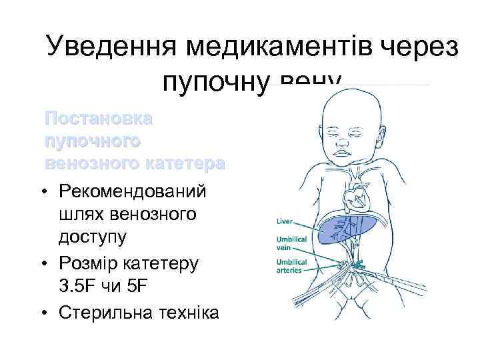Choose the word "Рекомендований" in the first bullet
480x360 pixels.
pyautogui.click(x=133, y=192)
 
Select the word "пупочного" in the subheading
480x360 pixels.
pyautogui.click(x=93, y=141)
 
